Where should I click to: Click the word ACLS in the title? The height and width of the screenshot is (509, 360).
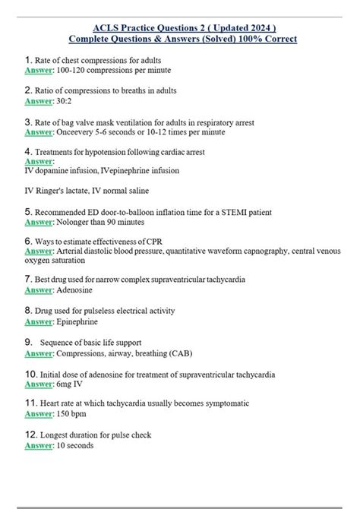[x=106, y=25]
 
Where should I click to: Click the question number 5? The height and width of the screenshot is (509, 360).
[x=28, y=212]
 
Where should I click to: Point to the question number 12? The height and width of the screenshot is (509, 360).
[x=31, y=435]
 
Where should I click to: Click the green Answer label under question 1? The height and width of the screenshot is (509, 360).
[x=39, y=70]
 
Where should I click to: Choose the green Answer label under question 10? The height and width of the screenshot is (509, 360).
[x=39, y=384]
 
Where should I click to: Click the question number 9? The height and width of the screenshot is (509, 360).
[x=28, y=343]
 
